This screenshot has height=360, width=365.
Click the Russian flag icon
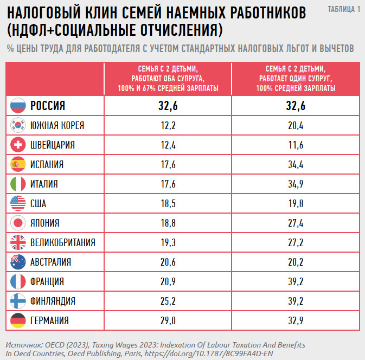(18, 106)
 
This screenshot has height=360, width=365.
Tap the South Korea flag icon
(18, 126)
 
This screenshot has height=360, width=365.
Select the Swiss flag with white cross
(18, 145)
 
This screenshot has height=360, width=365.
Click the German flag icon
(18, 320)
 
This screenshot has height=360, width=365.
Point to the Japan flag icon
(18, 223)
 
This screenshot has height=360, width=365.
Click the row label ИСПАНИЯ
(47, 164)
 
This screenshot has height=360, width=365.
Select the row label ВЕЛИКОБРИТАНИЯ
(63, 242)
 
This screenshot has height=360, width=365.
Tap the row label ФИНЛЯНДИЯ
(53, 301)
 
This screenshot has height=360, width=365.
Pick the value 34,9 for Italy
(296, 184)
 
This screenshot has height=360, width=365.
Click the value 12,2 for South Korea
(168, 126)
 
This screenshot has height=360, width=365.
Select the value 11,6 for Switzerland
(296, 145)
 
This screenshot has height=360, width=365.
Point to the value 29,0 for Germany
(168, 320)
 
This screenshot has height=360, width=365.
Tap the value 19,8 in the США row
(296, 203)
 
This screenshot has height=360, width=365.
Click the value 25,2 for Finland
(168, 301)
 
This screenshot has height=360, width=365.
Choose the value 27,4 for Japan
(296, 223)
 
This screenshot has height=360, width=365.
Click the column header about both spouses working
(168, 79)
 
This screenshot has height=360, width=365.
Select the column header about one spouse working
(296, 79)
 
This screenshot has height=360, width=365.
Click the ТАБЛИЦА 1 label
(344, 10)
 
